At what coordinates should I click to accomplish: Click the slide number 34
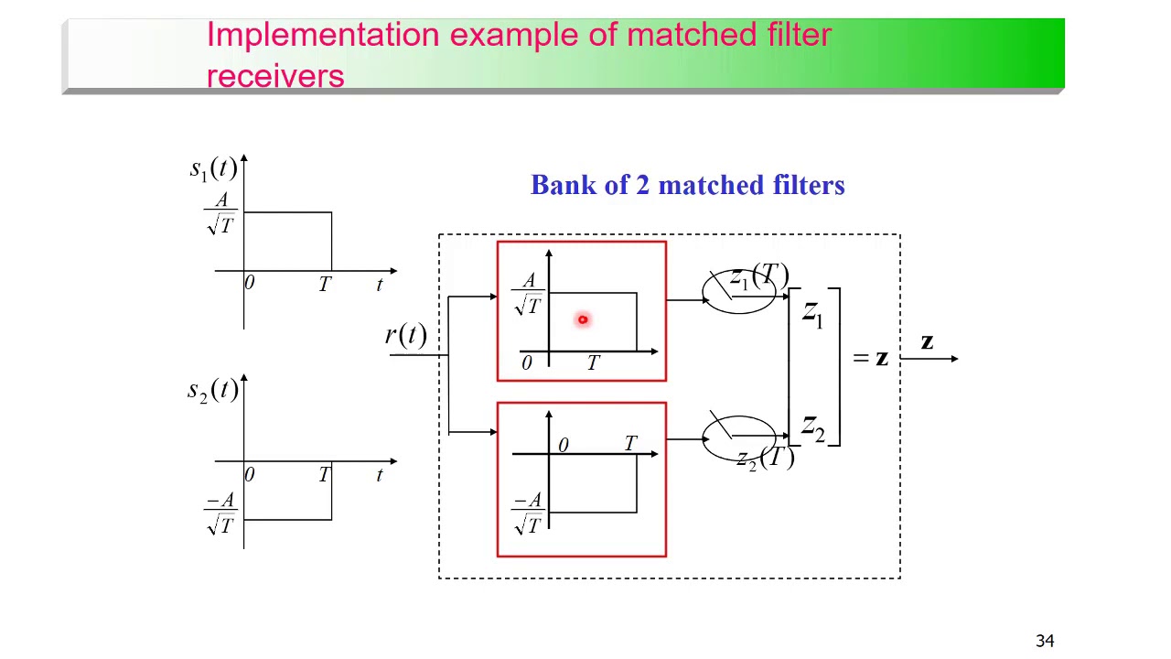click(1045, 641)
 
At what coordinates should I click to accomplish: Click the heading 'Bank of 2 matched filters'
click(687, 186)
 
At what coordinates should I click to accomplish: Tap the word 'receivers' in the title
click(275, 76)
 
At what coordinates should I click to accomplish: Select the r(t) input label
click(405, 335)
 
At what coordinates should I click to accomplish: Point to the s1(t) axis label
click(213, 168)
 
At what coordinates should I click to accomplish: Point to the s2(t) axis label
click(212, 391)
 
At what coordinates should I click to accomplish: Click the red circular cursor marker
click(582, 319)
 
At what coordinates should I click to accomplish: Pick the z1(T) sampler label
click(758, 277)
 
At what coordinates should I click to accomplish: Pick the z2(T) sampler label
click(765, 458)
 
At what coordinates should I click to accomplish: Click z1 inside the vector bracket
click(812, 313)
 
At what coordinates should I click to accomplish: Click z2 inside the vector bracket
click(812, 427)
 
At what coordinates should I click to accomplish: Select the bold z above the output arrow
click(927, 342)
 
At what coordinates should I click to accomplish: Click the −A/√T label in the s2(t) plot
click(220, 513)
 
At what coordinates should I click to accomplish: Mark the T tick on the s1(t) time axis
click(324, 286)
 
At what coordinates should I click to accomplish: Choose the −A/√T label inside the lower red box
click(528, 513)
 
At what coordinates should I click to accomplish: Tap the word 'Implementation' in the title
click(322, 35)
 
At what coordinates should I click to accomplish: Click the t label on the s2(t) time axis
click(379, 476)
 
